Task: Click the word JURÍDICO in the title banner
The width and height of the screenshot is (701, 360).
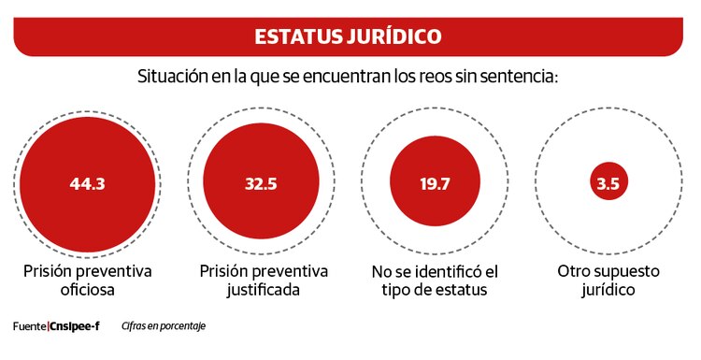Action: point(396,37)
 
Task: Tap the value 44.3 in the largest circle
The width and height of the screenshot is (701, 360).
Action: point(87,183)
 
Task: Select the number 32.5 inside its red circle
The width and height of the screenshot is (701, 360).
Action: point(261,183)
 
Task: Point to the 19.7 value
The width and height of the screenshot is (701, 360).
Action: point(435,183)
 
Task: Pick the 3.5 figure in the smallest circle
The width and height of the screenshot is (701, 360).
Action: point(608,183)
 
